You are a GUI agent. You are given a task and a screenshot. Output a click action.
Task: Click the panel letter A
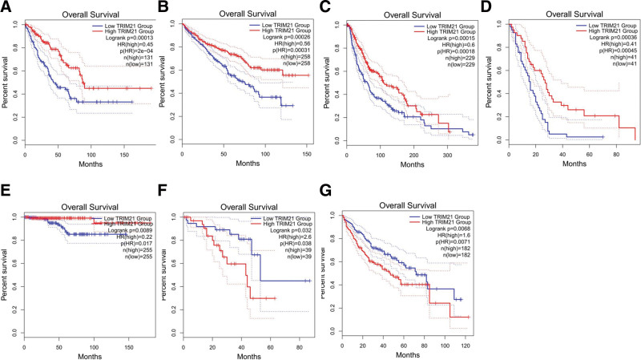pyautogui.click(x=6, y=8)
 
